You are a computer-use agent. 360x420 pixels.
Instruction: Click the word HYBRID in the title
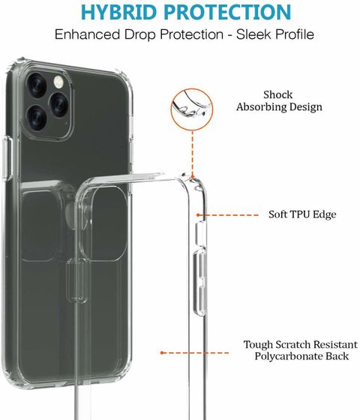118,12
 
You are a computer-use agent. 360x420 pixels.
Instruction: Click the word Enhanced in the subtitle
87,34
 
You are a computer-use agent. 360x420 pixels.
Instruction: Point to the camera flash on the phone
58,82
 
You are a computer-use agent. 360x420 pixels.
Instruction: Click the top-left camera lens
37,85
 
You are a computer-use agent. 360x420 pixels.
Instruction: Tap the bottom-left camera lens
36,118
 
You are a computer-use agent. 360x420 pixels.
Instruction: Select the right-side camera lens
59,104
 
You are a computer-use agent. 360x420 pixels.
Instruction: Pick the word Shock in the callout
277,94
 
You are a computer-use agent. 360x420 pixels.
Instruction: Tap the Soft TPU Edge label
302,214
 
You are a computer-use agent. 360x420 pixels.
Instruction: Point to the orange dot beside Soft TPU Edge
198,214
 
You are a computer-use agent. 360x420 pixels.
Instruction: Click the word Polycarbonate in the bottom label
289,356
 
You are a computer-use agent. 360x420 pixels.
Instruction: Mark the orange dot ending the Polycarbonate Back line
162,352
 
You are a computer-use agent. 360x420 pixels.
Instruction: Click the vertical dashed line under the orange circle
192,153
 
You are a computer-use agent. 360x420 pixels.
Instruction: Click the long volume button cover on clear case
199,282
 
